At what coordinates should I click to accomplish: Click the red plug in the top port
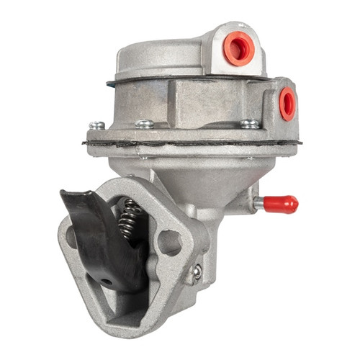[240, 48]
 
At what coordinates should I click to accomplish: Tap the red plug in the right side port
[287, 103]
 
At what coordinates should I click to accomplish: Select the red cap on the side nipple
[282, 204]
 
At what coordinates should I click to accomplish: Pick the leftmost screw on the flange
[96, 125]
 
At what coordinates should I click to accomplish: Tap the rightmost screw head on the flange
[249, 124]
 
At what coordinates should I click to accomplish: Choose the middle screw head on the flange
[144, 124]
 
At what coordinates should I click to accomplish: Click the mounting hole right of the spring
[170, 243]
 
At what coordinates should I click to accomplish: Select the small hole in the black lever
[107, 279]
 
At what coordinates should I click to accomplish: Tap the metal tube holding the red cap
[259, 204]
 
